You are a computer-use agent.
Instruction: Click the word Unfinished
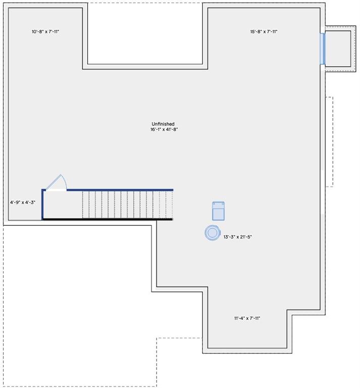click(x=163, y=124)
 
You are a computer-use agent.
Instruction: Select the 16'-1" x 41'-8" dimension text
click(x=163, y=130)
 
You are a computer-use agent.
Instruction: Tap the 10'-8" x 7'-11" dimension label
click(x=45, y=32)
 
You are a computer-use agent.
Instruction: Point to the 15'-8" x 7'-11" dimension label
click(x=264, y=32)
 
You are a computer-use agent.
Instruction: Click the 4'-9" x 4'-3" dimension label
click(x=23, y=203)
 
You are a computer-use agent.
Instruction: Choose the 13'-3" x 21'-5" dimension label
click(x=237, y=236)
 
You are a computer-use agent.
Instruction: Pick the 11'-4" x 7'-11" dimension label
click(x=247, y=318)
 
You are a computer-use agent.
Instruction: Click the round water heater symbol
click(x=212, y=232)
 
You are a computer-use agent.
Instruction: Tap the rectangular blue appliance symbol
click(x=218, y=211)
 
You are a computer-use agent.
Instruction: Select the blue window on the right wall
click(x=322, y=48)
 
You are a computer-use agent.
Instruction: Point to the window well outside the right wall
click(x=337, y=48)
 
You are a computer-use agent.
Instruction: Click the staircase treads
click(x=126, y=205)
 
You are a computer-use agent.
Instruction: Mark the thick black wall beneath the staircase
click(x=107, y=219)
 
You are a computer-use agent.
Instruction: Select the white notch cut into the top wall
click(x=145, y=33)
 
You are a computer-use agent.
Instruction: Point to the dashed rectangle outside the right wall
click(x=329, y=141)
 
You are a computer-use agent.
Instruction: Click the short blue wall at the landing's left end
click(x=43, y=204)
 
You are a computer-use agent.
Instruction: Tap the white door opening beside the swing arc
click(x=56, y=190)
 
